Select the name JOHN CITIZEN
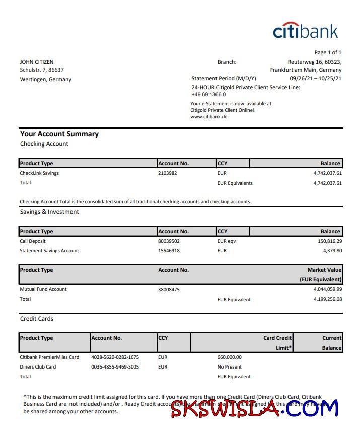coord(37,62)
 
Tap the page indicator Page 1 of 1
coord(328,52)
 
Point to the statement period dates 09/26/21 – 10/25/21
coord(316,79)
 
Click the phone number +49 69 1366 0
coord(208,95)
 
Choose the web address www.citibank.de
coord(209,117)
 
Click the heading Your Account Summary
coord(59,134)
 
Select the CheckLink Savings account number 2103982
coord(168,173)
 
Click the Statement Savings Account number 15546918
coord(169,251)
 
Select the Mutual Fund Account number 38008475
coord(169,290)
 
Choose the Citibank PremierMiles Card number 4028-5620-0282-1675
coord(115,357)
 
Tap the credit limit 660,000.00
coord(230,357)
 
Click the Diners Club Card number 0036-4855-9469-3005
coord(115,367)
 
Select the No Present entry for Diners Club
coord(230,367)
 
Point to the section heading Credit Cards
coord(37,319)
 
